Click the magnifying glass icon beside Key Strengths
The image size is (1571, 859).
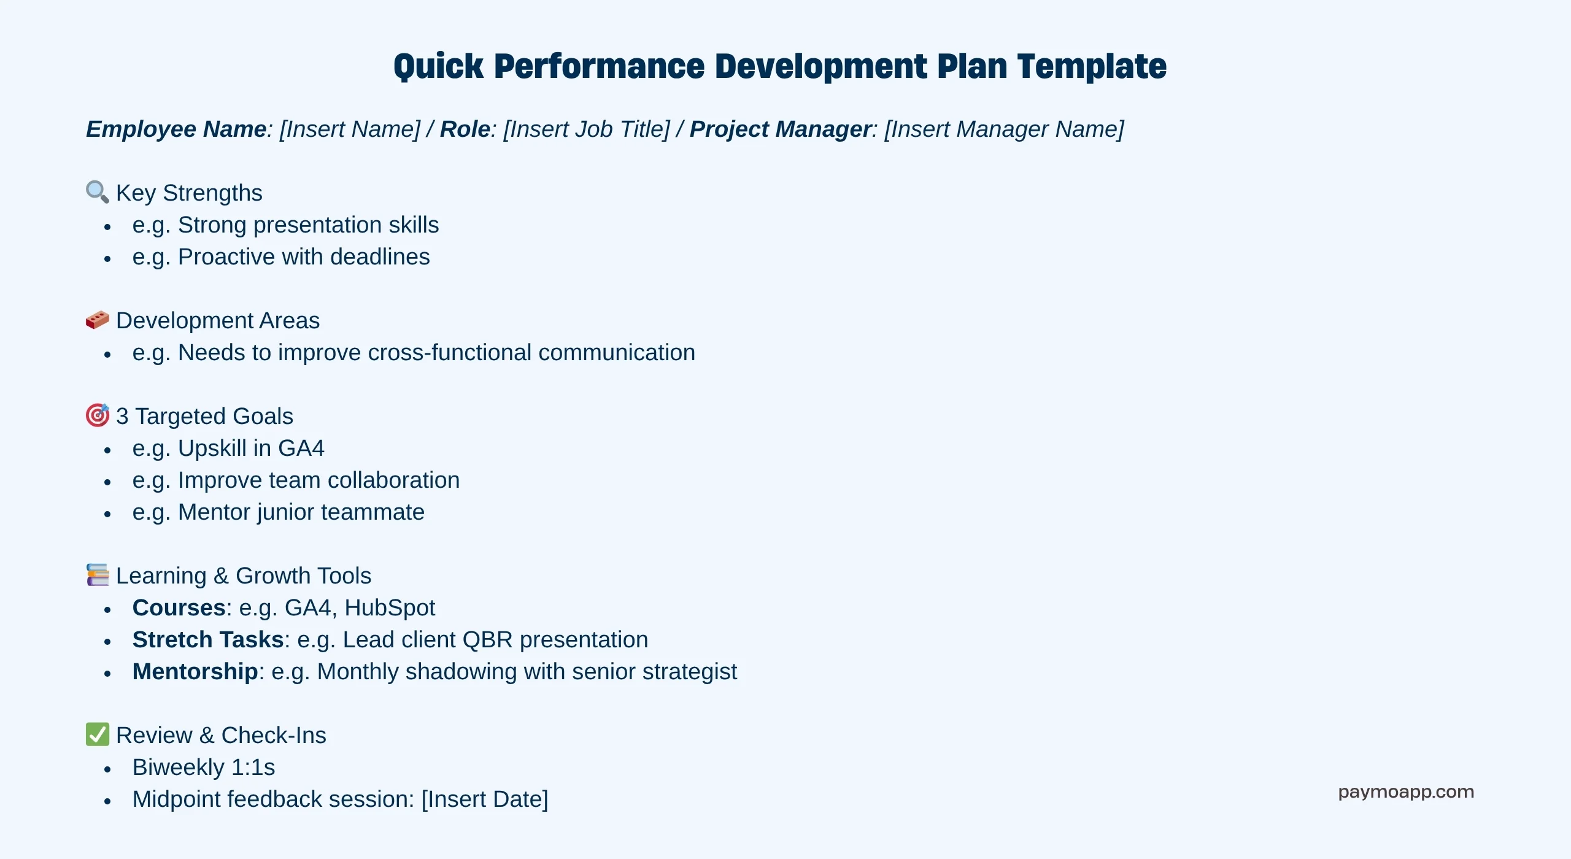(x=98, y=192)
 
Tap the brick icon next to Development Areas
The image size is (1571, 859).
(x=98, y=320)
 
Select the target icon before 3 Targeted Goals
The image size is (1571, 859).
(x=98, y=415)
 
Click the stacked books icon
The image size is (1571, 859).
(x=98, y=575)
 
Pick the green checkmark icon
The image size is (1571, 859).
(x=98, y=734)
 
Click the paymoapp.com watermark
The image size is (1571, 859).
(x=1406, y=792)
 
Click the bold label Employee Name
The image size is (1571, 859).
(x=176, y=129)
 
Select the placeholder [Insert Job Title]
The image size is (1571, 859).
(x=587, y=129)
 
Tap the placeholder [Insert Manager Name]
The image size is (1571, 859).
(x=1004, y=129)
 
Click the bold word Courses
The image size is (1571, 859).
(x=179, y=607)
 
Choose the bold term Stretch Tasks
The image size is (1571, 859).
(x=208, y=639)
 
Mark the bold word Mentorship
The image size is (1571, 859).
(x=195, y=672)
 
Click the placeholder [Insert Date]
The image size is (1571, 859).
(x=485, y=799)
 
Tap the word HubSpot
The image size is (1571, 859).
(x=390, y=608)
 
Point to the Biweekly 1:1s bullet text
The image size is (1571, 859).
(x=204, y=768)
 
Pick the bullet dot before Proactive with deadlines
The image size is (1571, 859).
(x=107, y=259)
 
